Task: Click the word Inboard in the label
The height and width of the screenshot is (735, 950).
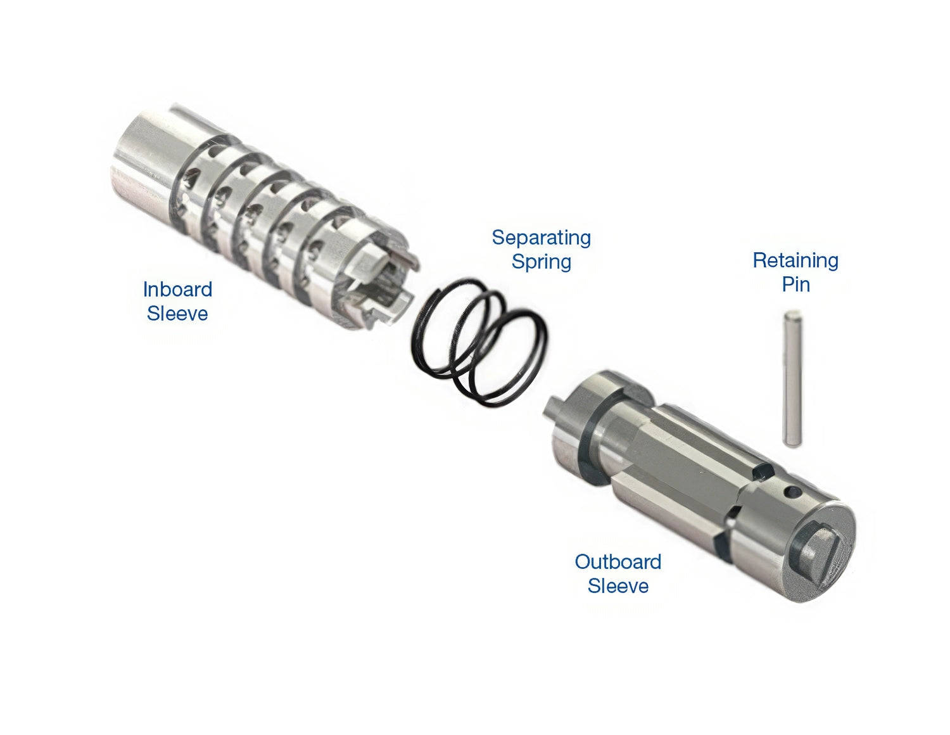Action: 177,290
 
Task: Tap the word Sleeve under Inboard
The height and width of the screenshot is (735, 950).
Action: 177,314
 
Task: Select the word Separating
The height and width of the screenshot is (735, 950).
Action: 541,238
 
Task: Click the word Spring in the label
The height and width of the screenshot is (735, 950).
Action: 541,262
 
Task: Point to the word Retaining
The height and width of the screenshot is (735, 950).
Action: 795,261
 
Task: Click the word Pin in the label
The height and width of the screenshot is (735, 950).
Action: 795,284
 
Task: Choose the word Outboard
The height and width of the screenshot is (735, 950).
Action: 617,562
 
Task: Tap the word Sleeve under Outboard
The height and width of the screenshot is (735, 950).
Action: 617,586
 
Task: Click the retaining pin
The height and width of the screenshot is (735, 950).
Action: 792,379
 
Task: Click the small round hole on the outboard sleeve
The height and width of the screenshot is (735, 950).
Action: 792,493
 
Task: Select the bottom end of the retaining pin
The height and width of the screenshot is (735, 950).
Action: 792,444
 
